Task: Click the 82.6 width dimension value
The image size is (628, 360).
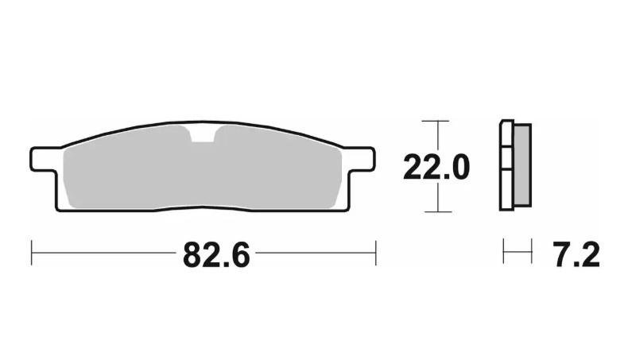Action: point(216,255)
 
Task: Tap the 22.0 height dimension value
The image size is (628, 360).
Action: point(436,168)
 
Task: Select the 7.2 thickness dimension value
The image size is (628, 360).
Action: point(574,255)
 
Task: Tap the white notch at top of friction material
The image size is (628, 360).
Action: point(204,134)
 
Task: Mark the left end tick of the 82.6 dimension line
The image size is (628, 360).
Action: point(31,254)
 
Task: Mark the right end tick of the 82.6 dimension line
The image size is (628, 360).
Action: point(375,254)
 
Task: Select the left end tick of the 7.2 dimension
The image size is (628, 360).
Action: point(504,254)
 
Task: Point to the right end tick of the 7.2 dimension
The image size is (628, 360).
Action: point(530,254)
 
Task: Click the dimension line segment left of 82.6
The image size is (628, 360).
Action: point(103,254)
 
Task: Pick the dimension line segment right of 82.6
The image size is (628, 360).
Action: point(314,254)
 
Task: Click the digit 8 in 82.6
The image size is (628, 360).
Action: point(192,255)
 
